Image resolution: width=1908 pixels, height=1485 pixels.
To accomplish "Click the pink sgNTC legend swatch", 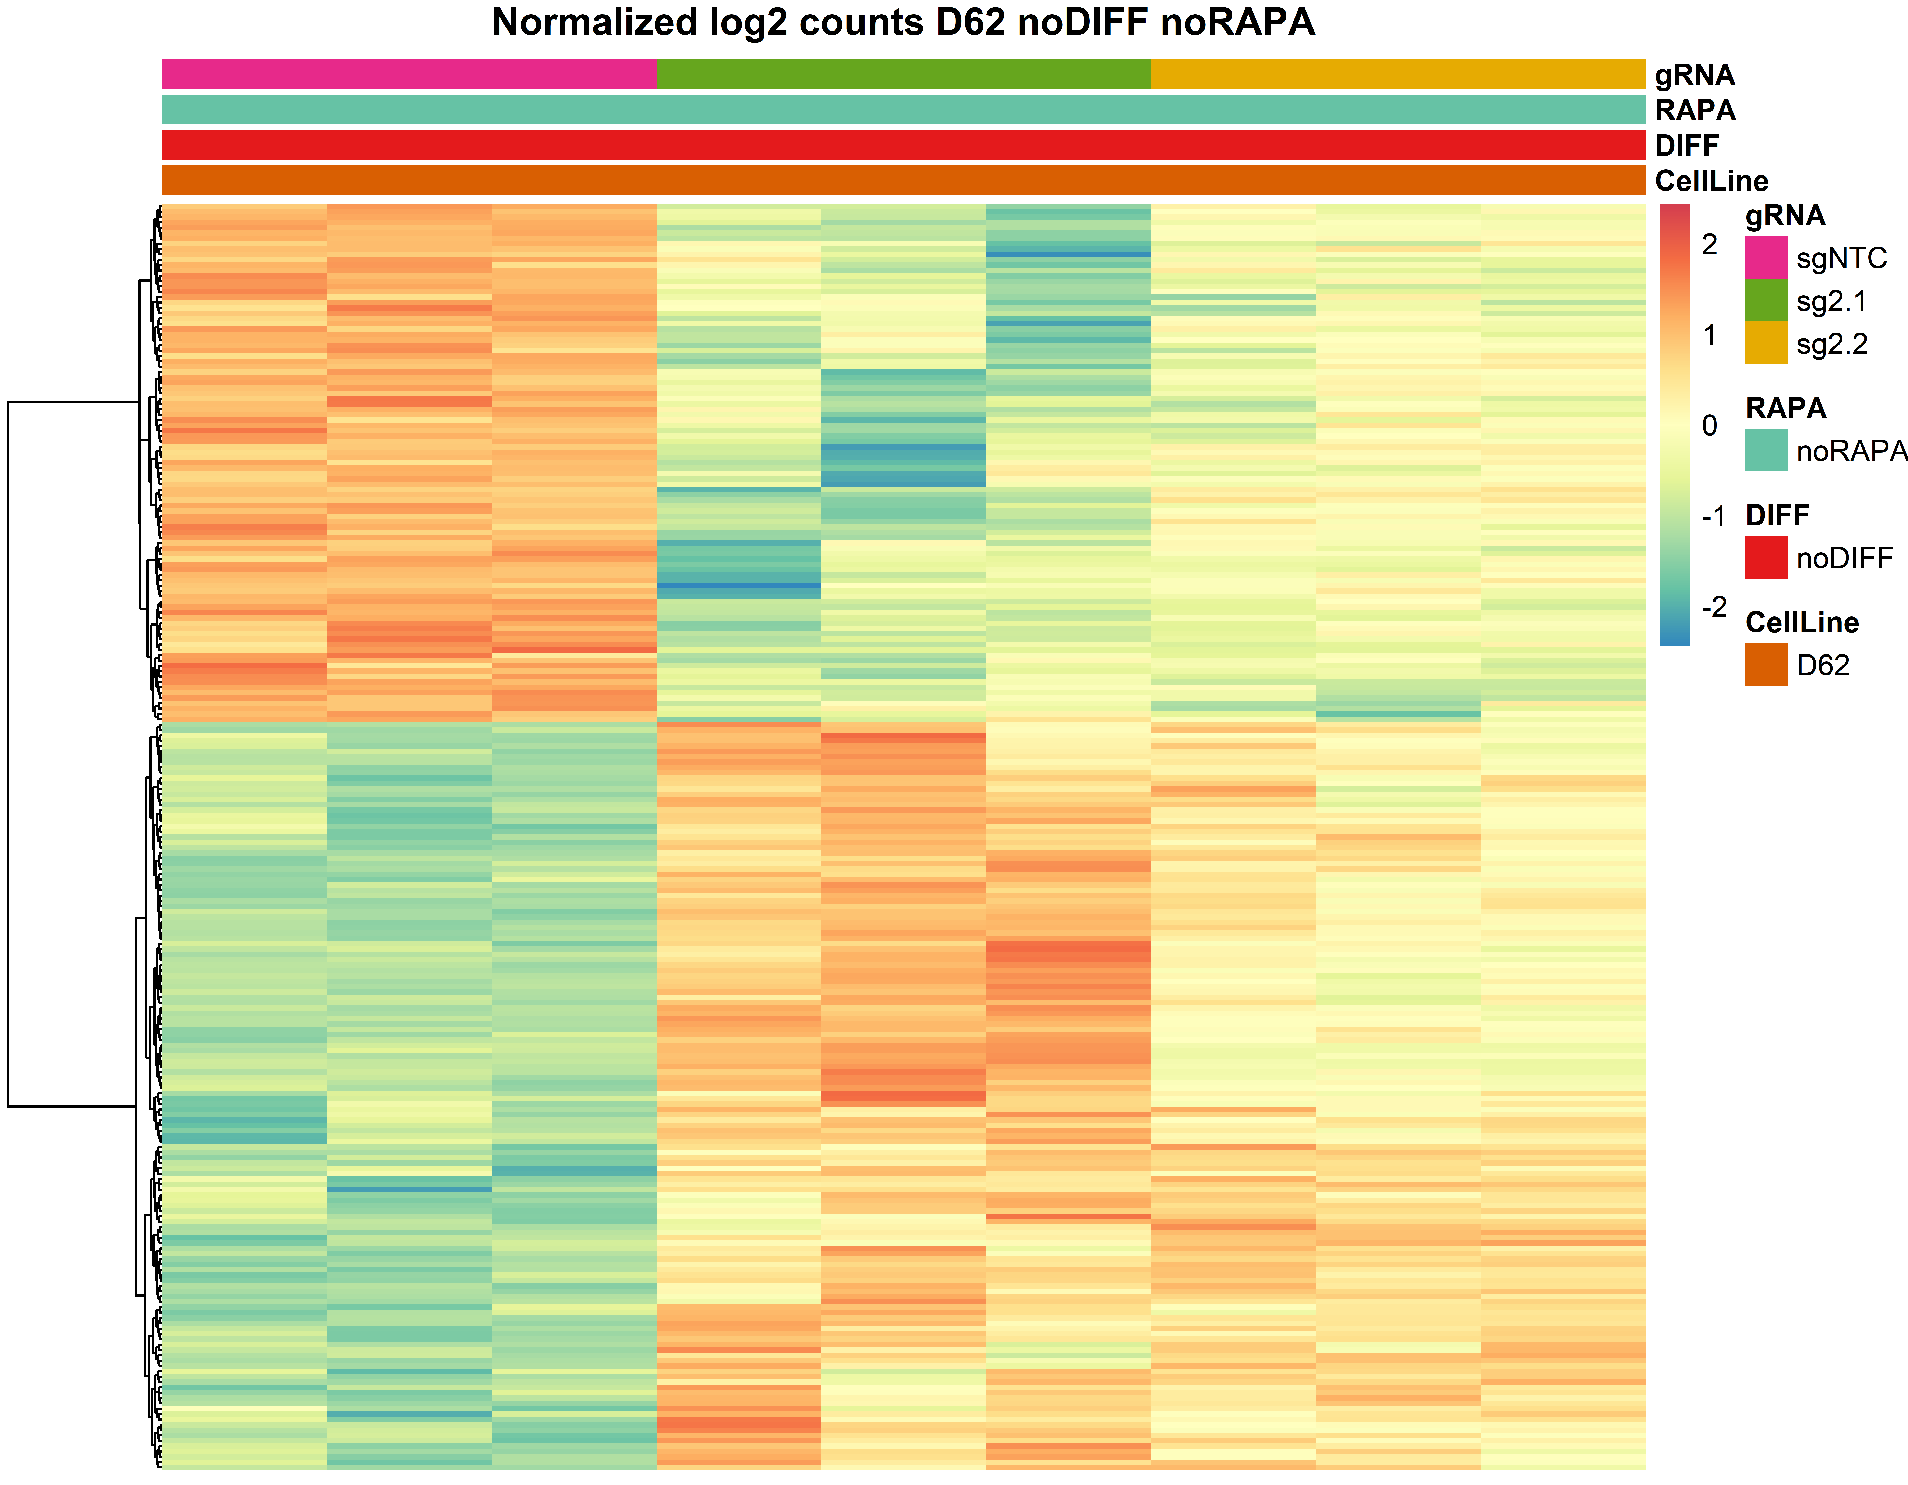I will pos(1766,257).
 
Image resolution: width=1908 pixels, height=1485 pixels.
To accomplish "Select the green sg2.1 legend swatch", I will pos(1766,300).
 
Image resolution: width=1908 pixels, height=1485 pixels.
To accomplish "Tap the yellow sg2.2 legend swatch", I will pos(1766,343).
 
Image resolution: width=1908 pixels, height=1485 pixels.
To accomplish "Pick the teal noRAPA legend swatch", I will pos(1766,450).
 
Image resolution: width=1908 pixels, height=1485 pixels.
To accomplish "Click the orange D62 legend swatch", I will pos(1766,664).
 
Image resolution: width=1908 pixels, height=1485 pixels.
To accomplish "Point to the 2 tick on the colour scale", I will pos(1710,245).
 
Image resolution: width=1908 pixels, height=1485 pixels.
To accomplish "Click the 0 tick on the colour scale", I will pos(1710,426).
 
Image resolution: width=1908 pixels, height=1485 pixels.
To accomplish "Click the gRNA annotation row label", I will pos(1694,75).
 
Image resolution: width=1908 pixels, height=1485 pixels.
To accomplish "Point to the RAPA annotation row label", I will pos(1695,110).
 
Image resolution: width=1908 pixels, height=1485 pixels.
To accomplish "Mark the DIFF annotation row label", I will pos(1686,145).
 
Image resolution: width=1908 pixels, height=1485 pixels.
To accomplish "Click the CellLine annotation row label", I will pos(1711,181).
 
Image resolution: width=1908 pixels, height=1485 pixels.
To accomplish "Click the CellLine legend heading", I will pos(1801,622).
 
